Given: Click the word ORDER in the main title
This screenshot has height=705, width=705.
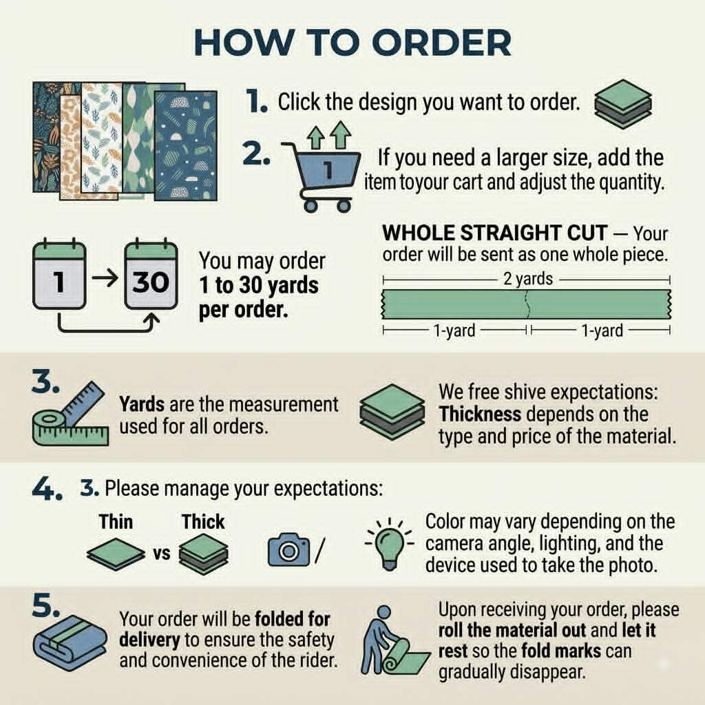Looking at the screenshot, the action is (x=441, y=43).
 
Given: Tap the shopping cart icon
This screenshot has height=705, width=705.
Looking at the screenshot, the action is (x=321, y=176).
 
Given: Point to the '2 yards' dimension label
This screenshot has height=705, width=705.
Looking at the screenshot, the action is (x=528, y=280).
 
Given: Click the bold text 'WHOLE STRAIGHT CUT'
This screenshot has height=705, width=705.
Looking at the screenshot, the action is (x=494, y=233).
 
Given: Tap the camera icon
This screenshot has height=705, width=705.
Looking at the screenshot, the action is (x=288, y=549).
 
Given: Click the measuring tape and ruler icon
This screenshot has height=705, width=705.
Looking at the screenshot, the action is (x=71, y=414).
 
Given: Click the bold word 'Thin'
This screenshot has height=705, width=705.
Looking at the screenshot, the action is (x=116, y=522).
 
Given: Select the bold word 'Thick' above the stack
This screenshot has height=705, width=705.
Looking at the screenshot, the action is (x=203, y=522).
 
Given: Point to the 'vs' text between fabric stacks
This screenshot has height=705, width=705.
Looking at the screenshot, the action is (x=162, y=554).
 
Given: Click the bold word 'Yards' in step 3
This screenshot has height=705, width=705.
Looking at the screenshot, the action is (x=142, y=404).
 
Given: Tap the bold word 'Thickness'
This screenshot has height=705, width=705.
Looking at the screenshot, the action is (x=480, y=414).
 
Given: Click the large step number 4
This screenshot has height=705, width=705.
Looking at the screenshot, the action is (x=47, y=490).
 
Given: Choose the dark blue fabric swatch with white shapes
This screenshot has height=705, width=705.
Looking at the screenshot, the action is (x=186, y=146).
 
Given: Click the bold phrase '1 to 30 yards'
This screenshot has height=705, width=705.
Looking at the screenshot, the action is (x=259, y=285).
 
